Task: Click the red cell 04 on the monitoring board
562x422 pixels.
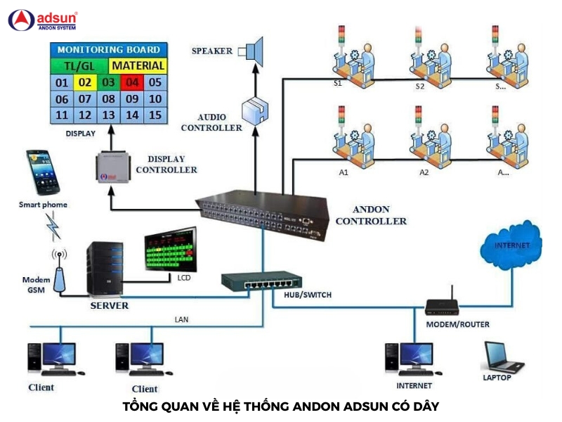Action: (x=133, y=82)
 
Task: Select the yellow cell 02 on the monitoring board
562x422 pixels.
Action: (x=85, y=82)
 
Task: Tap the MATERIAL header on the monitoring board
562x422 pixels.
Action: (x=138, y=65)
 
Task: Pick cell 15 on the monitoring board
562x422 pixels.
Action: (x=156, y=115)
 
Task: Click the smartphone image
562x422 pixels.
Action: (x=43, y=171)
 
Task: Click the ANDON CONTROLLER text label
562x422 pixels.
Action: (x=370, y=215)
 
